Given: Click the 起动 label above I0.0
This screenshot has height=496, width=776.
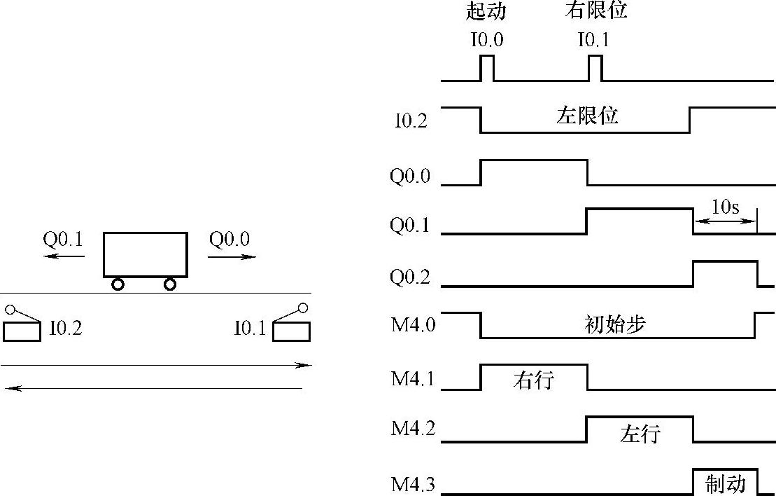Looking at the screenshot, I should pyautogui.click(x=486, y=12).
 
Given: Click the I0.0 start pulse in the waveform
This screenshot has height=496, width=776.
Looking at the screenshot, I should pyautogui.click(x=487, y=68).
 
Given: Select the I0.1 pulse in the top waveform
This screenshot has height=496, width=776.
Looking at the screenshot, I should pyautogui.click(x=595, y=68).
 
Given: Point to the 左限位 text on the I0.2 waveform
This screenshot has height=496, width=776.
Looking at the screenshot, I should pyautogui.click(x=588, y=115).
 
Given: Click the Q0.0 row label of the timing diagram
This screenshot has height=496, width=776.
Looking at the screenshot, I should pyautogui.click(x=410, y=175).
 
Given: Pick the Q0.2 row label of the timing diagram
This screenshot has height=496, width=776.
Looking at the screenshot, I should pyautogui.click(x=410, y=278).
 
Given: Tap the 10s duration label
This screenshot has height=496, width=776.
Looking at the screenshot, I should pyautogui.click(x=726, y=207).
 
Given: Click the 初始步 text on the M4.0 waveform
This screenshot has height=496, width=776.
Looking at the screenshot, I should pyautogui.click(x=614, y=324).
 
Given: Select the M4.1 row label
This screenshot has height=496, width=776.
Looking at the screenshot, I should pyautogui.click(x=413, y=379).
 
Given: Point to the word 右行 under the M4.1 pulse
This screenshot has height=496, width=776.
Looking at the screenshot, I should pyautogui.click(x=533, y=380).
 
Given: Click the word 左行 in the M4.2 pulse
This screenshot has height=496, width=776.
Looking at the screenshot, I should pyautogui.click(x=640, y=434).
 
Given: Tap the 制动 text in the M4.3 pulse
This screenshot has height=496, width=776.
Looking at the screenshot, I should pyautogui.click(x=726, y=483).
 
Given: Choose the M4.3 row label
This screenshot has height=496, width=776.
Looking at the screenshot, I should pyautogui.click(x=413, y=483).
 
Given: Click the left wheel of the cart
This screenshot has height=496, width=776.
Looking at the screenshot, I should pyautogui.click(x=118, y=284).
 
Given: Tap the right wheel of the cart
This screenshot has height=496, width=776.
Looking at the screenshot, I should pyautogui.click(x=169, y=284).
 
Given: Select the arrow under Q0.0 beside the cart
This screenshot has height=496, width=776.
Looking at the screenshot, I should pyautogui.click(x=232, y=257).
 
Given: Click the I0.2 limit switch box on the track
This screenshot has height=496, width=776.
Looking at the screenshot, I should pyautogui.click(x=22, y=331).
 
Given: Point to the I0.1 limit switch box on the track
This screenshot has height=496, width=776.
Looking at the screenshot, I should pyautogui.click(x=291, y=331).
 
